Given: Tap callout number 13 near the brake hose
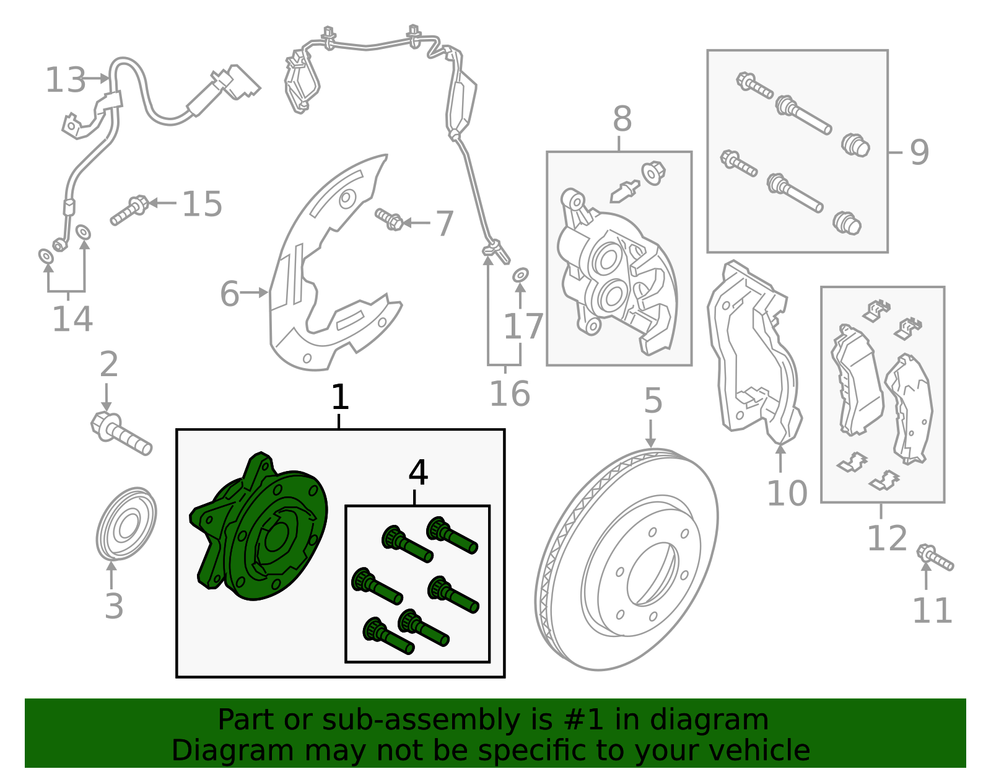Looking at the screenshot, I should click(66, 81).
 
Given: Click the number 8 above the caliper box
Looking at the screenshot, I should click(622, 119).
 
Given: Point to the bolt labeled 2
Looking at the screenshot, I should click(121, 433).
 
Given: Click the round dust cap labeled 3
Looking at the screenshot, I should click(126, 524).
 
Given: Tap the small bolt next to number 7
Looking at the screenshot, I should click(390, 219).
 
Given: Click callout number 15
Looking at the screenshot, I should click(202, 204).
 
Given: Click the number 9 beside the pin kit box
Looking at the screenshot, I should click(919, 152).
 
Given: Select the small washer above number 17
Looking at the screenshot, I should click(520, 274).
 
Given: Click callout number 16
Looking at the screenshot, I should click(509, 394).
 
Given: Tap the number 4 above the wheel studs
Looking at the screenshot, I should click(418, 473).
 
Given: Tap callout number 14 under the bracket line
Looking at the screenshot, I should click(72, 319).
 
